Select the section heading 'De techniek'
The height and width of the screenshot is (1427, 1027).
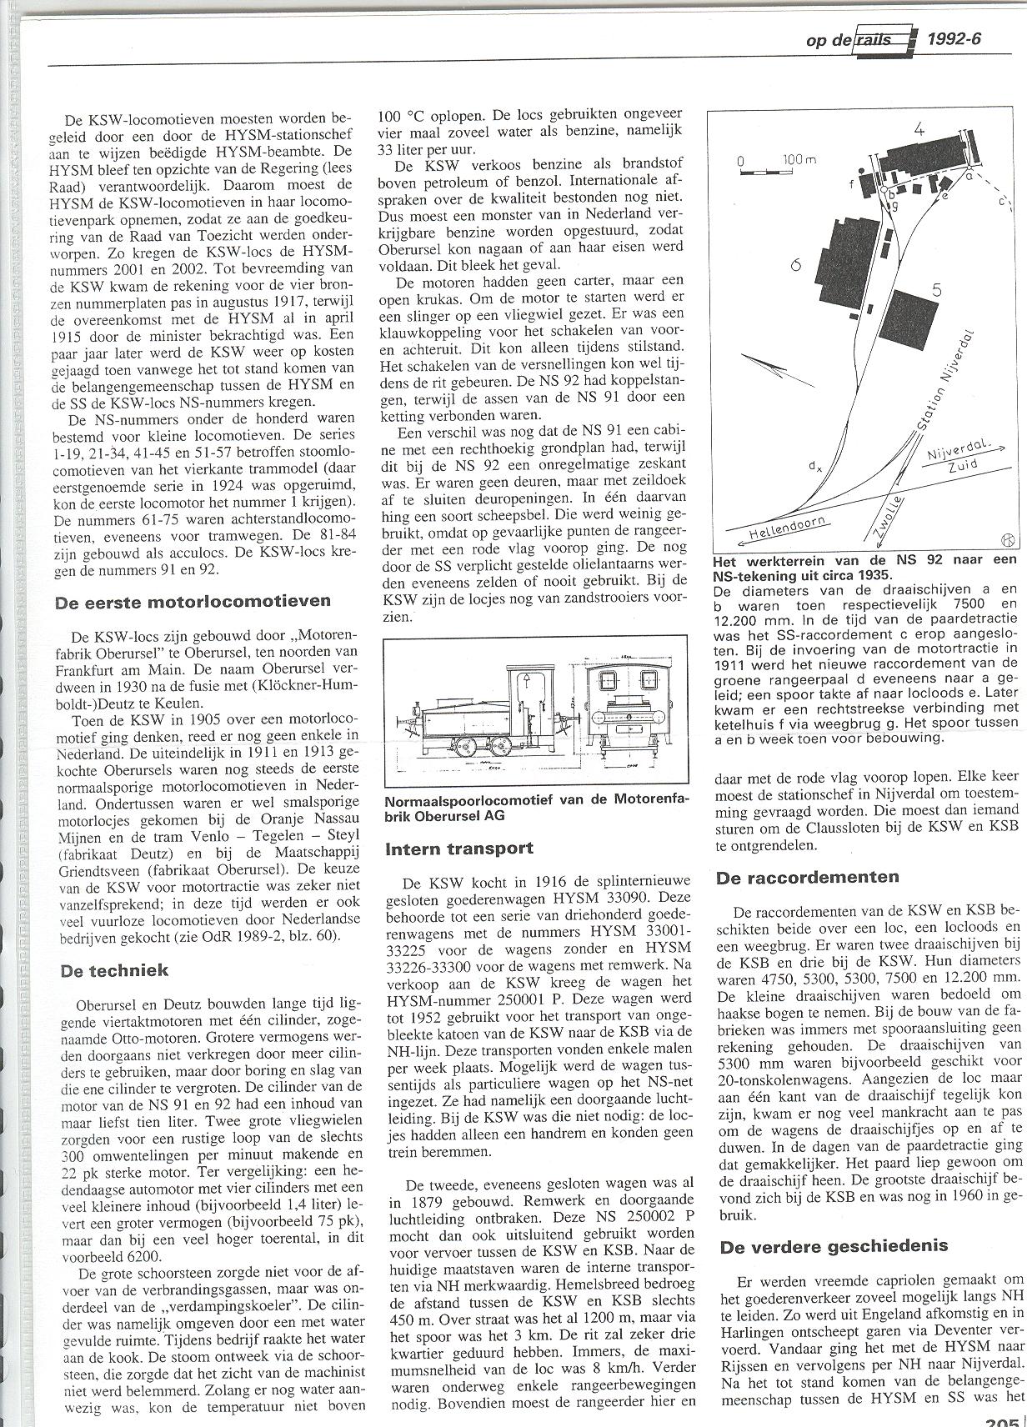[x=115, y=969]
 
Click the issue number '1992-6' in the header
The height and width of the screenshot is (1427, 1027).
[x=954, y=39]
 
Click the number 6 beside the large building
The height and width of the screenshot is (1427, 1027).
[x=796, y=264]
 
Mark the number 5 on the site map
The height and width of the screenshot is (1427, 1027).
[x=936, y=291]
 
